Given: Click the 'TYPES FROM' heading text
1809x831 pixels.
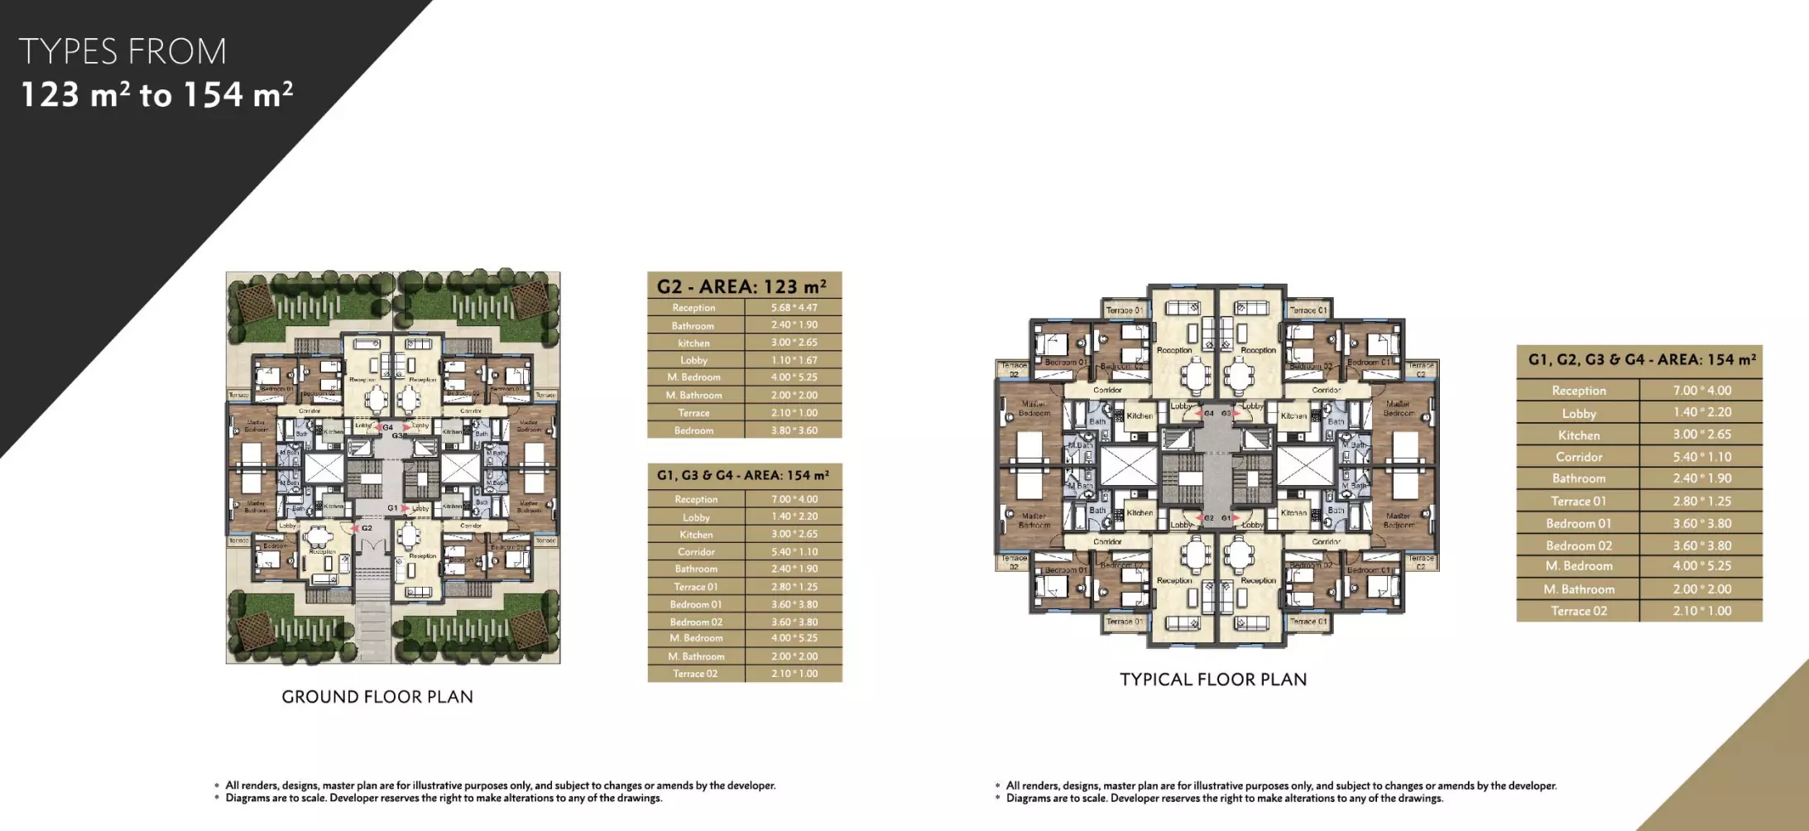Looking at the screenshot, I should click(122, 52).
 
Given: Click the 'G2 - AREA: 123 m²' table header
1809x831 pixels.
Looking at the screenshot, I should click(742, 286).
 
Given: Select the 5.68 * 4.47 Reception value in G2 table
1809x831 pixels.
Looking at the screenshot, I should click(794, 307).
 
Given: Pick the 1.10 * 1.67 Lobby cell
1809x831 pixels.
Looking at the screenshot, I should click(794, 360).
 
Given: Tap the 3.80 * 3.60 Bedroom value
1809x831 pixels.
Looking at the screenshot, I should click(794, 430).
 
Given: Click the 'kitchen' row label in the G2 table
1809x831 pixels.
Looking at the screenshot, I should click(693, 343).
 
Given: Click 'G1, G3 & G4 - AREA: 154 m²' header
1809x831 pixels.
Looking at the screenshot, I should click(742, 475).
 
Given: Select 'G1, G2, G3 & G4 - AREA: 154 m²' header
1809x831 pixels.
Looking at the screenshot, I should click(1641, 360).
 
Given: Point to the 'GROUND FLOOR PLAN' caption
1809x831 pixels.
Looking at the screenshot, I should click(377, 697).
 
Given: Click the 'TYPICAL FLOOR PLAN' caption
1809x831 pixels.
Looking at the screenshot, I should click(1213, 680).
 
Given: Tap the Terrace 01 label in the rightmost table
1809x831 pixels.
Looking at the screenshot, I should click(1578, 501).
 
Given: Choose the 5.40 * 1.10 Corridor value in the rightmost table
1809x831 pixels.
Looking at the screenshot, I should click(1701, 457).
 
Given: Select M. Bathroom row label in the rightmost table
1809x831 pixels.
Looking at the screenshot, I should click(1578, 589).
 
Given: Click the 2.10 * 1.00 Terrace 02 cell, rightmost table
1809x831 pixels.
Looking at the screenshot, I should click(1701, 611).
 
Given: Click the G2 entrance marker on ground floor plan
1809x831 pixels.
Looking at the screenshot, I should click(367, 527).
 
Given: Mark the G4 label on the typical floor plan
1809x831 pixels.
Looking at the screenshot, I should click(1209, 413).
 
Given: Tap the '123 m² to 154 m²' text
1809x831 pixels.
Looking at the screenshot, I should click(156, 95).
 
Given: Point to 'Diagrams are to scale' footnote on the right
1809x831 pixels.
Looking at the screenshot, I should click(1225, 799).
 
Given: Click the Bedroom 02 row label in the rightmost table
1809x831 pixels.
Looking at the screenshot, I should click(1578, 545).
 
